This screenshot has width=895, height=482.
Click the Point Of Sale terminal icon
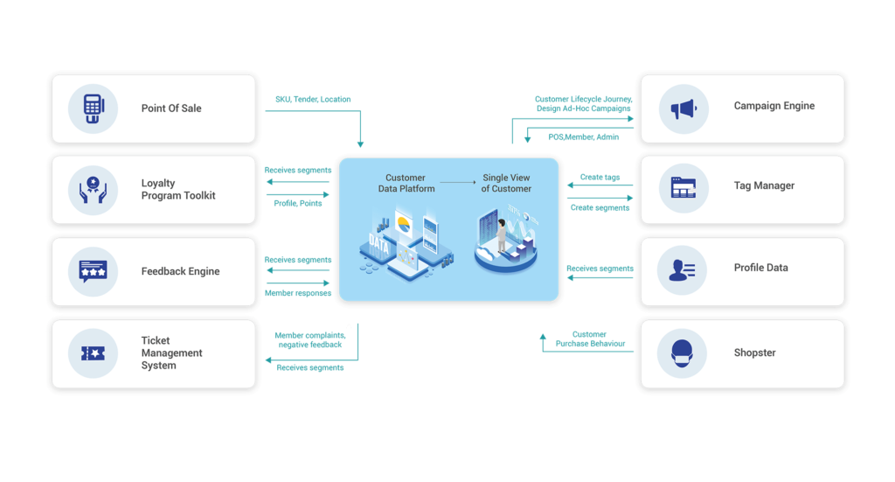(x=94, y=108)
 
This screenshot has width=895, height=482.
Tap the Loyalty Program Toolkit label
(x=177, y=189)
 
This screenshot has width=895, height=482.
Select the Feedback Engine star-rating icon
(x=94, y=270)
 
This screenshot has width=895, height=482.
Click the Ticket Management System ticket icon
(x=94, y=353)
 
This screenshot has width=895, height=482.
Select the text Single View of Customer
(x=506, y=183)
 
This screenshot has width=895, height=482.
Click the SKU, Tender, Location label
(x=313, y=100)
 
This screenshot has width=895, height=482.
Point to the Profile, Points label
(x=297, y=204)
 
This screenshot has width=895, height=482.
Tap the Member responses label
(x=297, y=293)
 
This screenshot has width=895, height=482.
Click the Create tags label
(x=600, y=178)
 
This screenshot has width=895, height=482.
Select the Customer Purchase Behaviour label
(x=590, y=339)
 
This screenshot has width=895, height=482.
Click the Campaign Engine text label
(x=774, y=106)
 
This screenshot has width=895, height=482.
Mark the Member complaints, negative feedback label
(x=308, y=339)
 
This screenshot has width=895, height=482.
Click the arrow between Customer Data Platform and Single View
(x=456, y=183)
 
